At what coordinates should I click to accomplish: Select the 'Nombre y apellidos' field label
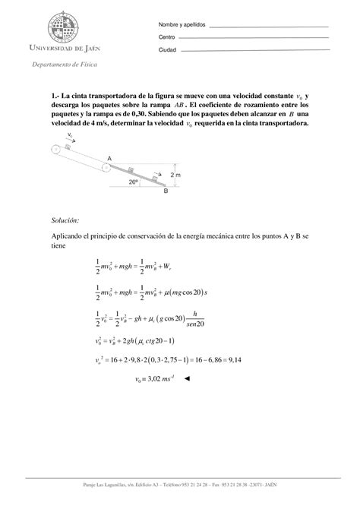(180, 26)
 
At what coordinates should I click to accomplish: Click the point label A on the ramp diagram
(109, 157)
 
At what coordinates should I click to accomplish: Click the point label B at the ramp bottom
(165, 192)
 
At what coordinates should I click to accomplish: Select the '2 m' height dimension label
(176, 175)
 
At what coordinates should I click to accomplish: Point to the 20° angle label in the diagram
(134, 182)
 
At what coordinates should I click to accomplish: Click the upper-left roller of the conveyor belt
(55, 150)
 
